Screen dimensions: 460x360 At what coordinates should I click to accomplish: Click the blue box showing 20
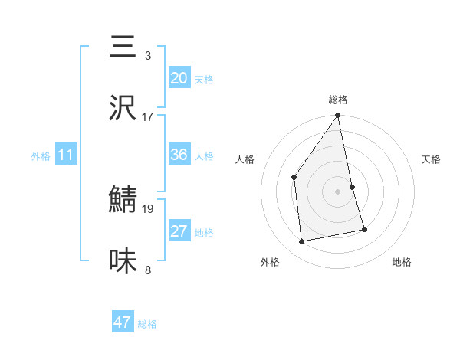[x=179, y=78]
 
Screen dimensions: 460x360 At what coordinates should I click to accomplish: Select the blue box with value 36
[x=179, y=155]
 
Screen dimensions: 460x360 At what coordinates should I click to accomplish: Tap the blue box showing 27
[x=179, y=231]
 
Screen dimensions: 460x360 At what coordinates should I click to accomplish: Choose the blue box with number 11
[x=66, y=155]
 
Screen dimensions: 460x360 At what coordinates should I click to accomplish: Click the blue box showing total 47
[x=123, y=322]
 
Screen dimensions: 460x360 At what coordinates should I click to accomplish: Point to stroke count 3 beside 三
[x=148, y=56]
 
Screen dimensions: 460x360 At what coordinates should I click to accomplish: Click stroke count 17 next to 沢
[x=148, y=117]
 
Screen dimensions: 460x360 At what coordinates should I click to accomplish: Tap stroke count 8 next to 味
[x=148, y=270]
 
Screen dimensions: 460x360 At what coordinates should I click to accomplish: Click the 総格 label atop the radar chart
[x=338, y=100]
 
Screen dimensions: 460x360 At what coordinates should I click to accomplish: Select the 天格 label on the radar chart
[x=432, y=159]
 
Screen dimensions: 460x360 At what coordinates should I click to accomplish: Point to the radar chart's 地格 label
[x=402, y=263]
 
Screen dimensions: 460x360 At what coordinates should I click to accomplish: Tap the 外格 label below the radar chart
[x=270, y=263]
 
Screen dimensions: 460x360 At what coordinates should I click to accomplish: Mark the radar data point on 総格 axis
[x=338, y=116]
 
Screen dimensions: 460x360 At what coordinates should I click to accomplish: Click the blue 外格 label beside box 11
[x=41, y=155]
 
